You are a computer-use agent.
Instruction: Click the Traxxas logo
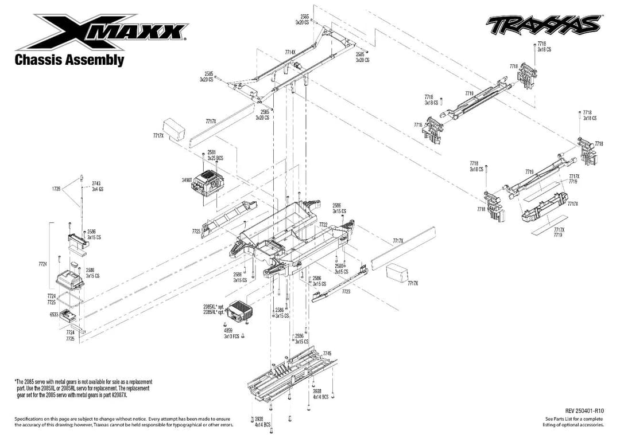tap(543, 25)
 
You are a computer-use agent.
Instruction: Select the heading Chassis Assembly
tap(69, 60)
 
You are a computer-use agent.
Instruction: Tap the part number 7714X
tap(290, 52)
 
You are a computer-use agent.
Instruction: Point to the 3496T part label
tap(186, 180)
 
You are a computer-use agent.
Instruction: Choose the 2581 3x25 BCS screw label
tap(215, 155)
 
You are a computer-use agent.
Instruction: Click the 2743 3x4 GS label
tap(97, 186)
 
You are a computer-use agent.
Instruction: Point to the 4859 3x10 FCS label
tap(231, 333)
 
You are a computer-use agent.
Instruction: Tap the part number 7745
tap(327, 353)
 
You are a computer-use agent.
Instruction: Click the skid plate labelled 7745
tap(287, 375)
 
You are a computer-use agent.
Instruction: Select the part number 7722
tap(323, 225)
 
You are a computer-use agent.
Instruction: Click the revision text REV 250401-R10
tap(584, 410)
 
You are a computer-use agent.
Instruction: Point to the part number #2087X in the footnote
tap(116, 396)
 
